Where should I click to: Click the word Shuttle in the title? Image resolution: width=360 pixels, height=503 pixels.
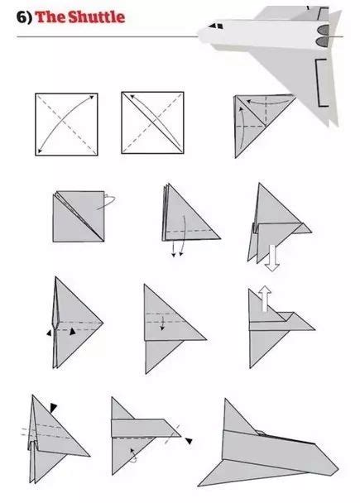click(97, 17)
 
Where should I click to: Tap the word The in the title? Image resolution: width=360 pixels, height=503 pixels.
click(50, 17)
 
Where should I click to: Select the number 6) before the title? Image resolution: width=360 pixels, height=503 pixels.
click(24, 17)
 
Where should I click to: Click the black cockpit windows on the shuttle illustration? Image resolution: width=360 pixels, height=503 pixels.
click(216, 26)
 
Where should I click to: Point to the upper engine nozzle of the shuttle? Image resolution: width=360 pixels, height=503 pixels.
click(323, 30)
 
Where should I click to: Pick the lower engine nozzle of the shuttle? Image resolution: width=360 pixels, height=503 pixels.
click(323, 41)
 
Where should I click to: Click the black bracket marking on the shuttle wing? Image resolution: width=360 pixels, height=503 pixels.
click(321, 83)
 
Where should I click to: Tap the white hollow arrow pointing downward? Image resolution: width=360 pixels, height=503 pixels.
click(272, 258)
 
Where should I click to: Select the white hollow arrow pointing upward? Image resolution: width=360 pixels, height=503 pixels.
click(265, 299)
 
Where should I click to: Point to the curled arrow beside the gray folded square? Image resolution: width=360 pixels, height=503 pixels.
click(108, 202)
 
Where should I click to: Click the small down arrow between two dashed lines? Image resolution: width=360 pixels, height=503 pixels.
click(163, 323)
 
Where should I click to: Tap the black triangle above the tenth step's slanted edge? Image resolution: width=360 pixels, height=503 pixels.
click(53, 407)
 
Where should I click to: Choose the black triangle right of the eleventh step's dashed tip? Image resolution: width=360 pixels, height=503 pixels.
click(189, 441)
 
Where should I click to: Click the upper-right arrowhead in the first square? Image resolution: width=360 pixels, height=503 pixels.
click(92, 97)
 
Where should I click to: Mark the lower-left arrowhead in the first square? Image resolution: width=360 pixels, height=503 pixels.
click(40, 151)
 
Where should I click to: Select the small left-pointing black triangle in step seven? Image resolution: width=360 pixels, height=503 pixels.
click(49, 333)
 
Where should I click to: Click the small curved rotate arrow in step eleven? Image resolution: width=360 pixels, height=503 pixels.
click(134, 456)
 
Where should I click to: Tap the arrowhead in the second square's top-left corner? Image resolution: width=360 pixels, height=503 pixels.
click(132, 96)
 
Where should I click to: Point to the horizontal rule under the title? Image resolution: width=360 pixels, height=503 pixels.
click(108, 37)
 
